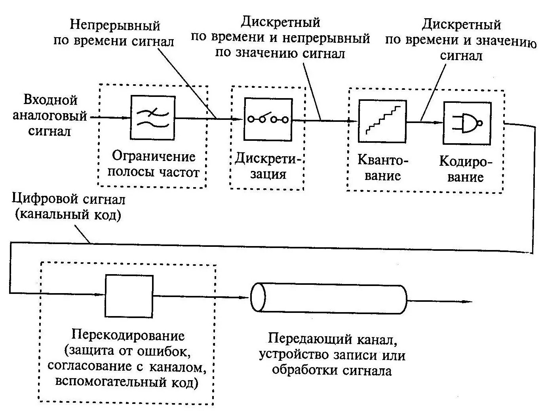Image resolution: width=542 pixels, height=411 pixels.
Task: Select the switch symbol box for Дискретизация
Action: pyautogui.click(x=268, y=119)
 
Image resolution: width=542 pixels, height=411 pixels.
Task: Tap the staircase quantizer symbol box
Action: pyautogui.click(x=382, y=121)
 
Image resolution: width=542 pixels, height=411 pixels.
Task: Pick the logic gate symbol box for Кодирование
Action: pyautogui.click(x=467, y=123)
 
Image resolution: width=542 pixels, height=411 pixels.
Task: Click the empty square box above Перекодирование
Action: pyautogui.click(x=129, y=296)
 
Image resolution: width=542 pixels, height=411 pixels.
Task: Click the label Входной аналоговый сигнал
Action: pyautogui.click(x=50, y=116)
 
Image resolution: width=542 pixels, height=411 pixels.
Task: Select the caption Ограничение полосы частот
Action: pyautogui.click(x=154, y=164)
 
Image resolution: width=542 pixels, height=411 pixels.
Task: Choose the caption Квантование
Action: pyautogui.click(x=382, y=168)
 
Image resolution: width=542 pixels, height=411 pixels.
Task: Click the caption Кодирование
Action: pyautogui.click(x=466, y=169)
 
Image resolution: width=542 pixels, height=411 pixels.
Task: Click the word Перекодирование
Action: pyautogui.click(x=128, y=335)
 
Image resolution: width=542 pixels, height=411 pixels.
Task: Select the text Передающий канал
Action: pyautogui.click(x=332, y=339)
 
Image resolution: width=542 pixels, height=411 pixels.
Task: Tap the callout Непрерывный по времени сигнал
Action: pyautogui.click(x=114, y=33)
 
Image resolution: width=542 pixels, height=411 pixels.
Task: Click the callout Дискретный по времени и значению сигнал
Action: pyautogui.click(x=461, y=40)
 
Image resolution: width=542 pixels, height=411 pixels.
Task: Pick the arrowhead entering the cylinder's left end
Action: pyautogui.click(x=246, y=298)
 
